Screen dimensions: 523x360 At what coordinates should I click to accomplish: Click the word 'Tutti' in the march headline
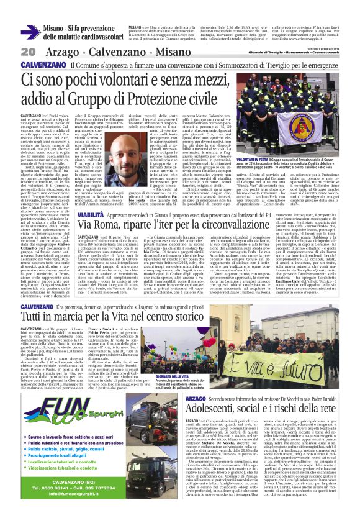tap(35, 319)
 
